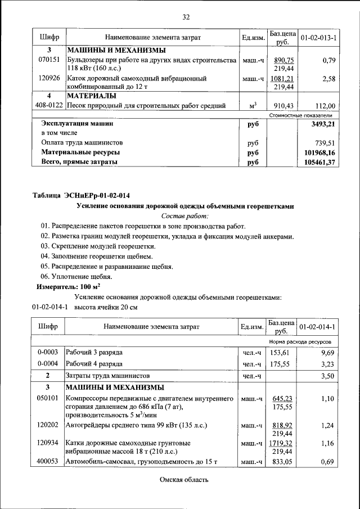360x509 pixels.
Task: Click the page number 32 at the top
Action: click(186, 16)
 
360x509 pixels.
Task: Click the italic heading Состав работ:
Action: click(184, 216)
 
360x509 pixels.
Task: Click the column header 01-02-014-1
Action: click(318, 327)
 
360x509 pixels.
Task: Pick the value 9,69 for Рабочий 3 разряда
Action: click(327, 353)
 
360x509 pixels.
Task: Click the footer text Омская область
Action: click(184, 480)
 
